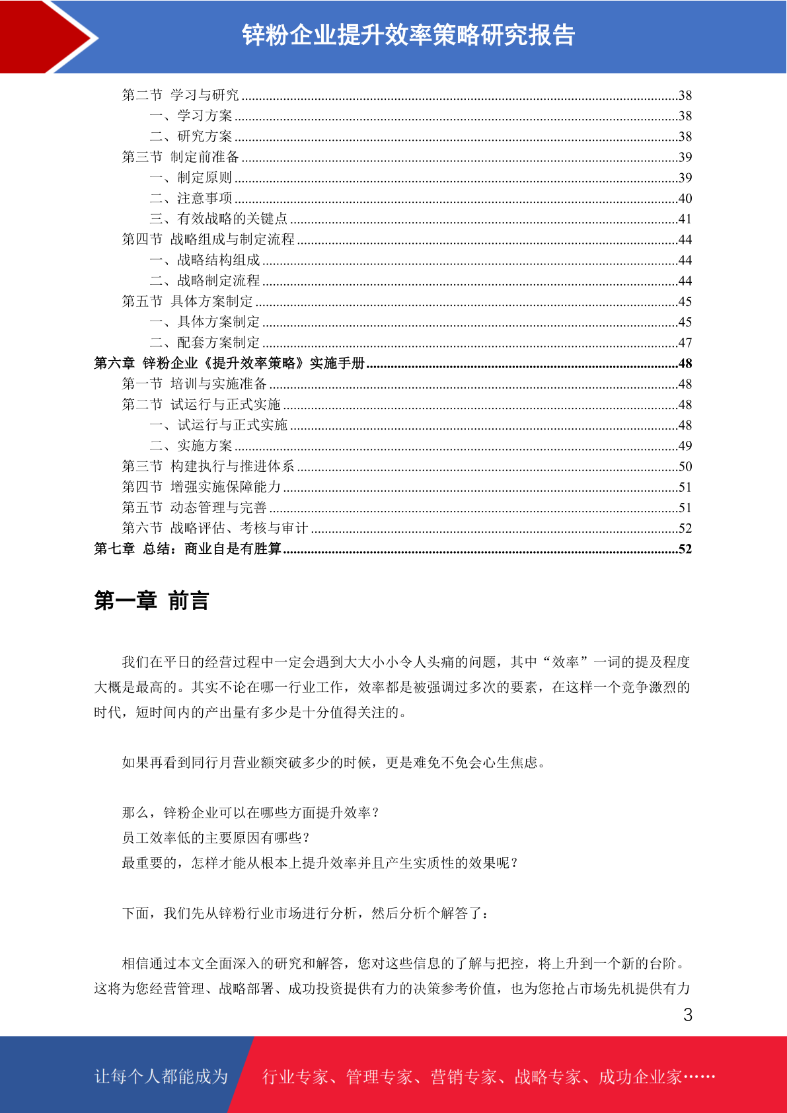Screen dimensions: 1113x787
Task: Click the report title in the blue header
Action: [408, 35]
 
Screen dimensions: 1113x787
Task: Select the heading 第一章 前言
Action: [151, 601]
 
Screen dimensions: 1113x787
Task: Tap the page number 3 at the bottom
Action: [687, 1015]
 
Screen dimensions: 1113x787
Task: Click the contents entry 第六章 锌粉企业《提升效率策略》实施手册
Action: [229, 363]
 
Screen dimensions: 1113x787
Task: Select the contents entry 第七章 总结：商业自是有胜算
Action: [188, 549]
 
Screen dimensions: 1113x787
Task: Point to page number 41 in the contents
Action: [685, 219]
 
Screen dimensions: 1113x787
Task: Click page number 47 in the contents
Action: [685, 342]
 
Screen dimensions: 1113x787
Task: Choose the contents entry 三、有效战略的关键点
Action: [219, 219]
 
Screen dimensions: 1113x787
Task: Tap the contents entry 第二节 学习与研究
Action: [180, 95]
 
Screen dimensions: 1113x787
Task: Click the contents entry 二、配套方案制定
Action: [205, 342]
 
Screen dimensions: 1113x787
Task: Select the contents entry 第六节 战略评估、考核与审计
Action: [215, 528]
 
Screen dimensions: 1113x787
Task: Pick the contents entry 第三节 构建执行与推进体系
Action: [208, 466]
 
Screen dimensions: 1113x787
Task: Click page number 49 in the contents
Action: [685, 445]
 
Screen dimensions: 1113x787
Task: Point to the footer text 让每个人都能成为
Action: [161, 1077]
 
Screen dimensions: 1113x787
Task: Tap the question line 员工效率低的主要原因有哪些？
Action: [216, 838]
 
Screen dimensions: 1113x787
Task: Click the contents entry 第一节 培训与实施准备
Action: [194, 383]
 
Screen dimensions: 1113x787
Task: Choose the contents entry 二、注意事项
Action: [191, 198]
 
